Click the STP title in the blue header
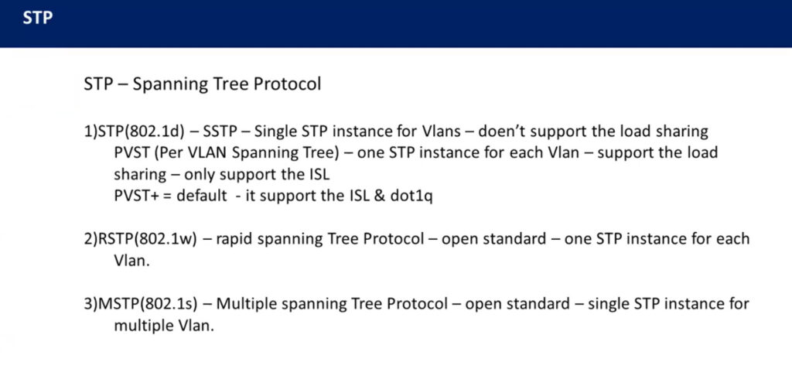pyautogui.click(x=38, y=18)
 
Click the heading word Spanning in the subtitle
pyautogui.click(x=169, y=84)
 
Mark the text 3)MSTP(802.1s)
pyautogui.click(x=146, y=304)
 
